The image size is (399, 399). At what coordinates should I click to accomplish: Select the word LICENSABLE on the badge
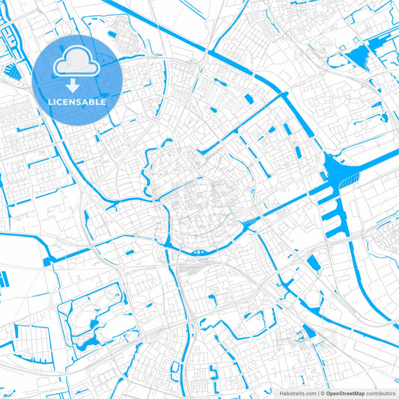[77, 102]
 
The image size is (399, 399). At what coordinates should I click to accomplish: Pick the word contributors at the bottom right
[380, 392]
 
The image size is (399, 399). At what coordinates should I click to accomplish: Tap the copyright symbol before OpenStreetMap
[323, 392]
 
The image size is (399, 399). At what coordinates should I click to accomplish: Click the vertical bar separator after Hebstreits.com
[317, 392]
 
